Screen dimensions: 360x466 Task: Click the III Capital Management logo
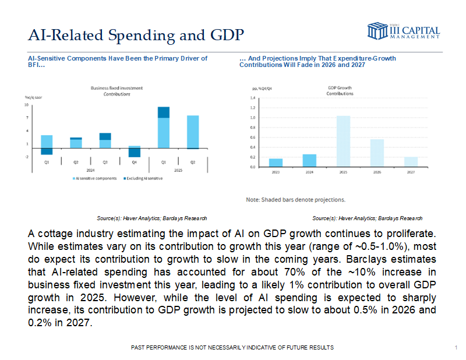click(403, 31)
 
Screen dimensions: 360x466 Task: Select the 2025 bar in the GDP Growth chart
click(343, 141)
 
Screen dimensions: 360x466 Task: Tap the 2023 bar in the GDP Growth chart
click(276, 163)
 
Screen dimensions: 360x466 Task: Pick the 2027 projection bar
click(411, 161)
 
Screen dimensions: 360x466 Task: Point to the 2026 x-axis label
click(377, 172)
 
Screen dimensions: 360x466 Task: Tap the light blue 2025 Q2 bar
click(192, 132)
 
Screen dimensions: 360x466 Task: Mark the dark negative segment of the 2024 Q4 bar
click(134, 153)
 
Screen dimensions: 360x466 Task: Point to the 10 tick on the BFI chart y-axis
click(26, 105)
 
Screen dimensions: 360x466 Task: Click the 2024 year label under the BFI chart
click(90, 170)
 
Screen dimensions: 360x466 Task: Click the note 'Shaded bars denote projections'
click(295, 199)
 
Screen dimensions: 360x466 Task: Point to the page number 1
click(455, 347)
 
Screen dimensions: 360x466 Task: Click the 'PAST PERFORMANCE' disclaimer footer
click(233, 347)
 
